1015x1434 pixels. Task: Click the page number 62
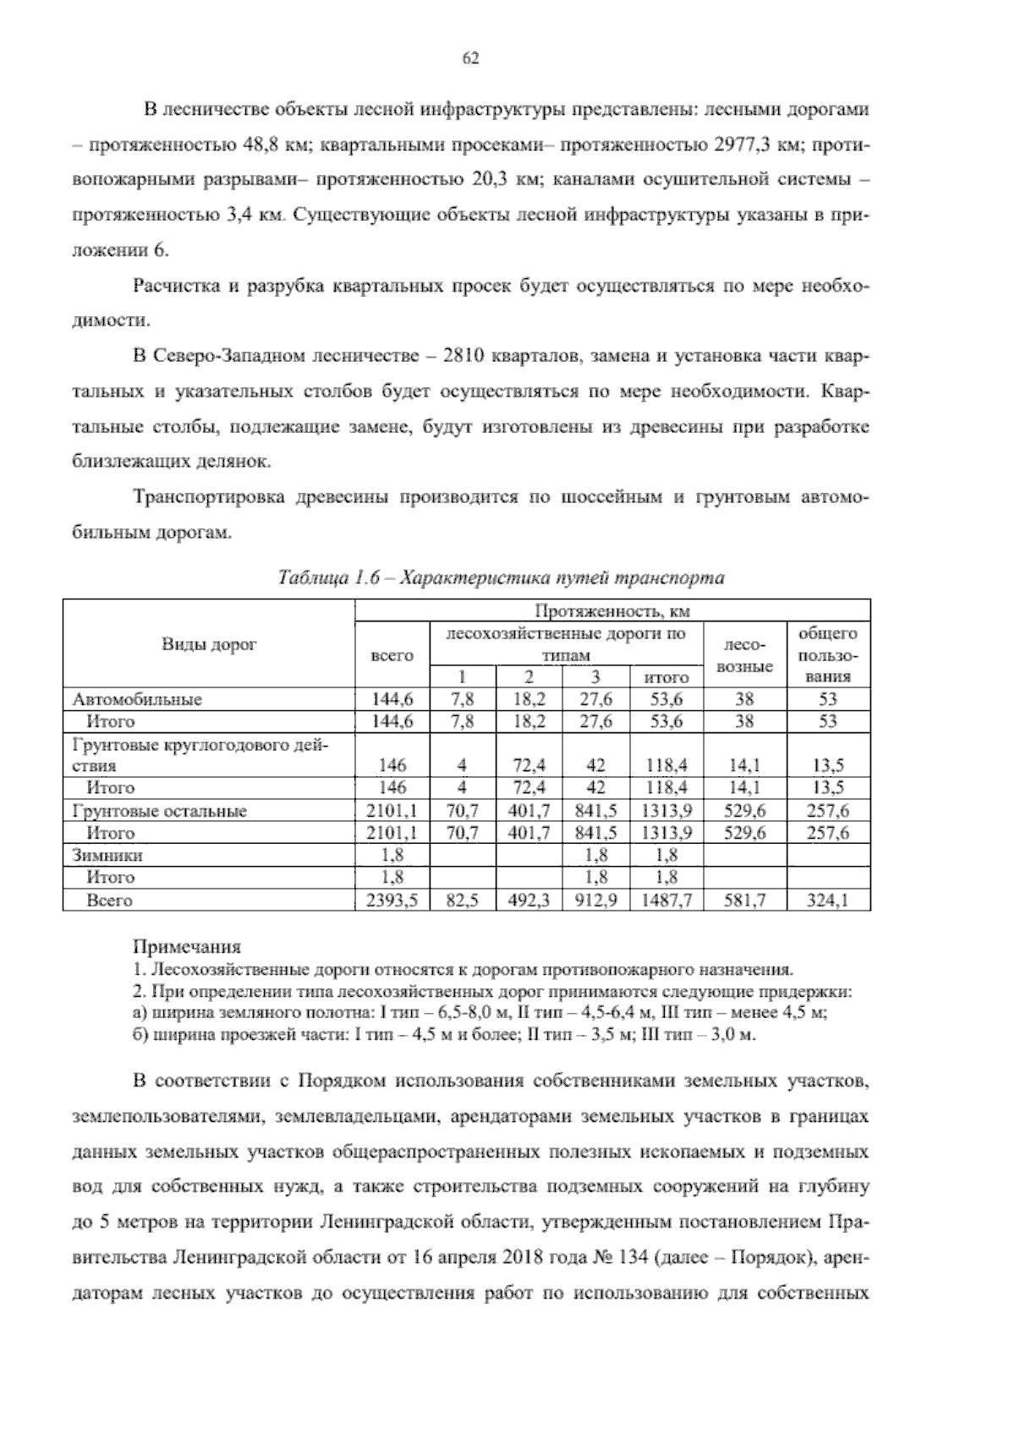tap(471, 57)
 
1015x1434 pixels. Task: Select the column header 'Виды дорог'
tap(208, 644)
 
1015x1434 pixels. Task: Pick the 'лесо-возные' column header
tap(744, 655)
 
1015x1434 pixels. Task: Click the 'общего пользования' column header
tap(828, 655)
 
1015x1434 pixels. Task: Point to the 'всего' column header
tap(392, 655)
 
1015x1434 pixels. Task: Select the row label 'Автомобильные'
tap(138, 699)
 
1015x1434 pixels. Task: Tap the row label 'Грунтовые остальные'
tap(160, 811)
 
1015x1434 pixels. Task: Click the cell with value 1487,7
tap(667, 901)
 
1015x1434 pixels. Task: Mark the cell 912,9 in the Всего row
tap(595, 901)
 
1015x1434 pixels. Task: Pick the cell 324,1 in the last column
tap(828, 901)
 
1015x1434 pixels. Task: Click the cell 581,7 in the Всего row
tap(744, 901)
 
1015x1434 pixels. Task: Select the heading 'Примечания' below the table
tap(187, 946)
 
